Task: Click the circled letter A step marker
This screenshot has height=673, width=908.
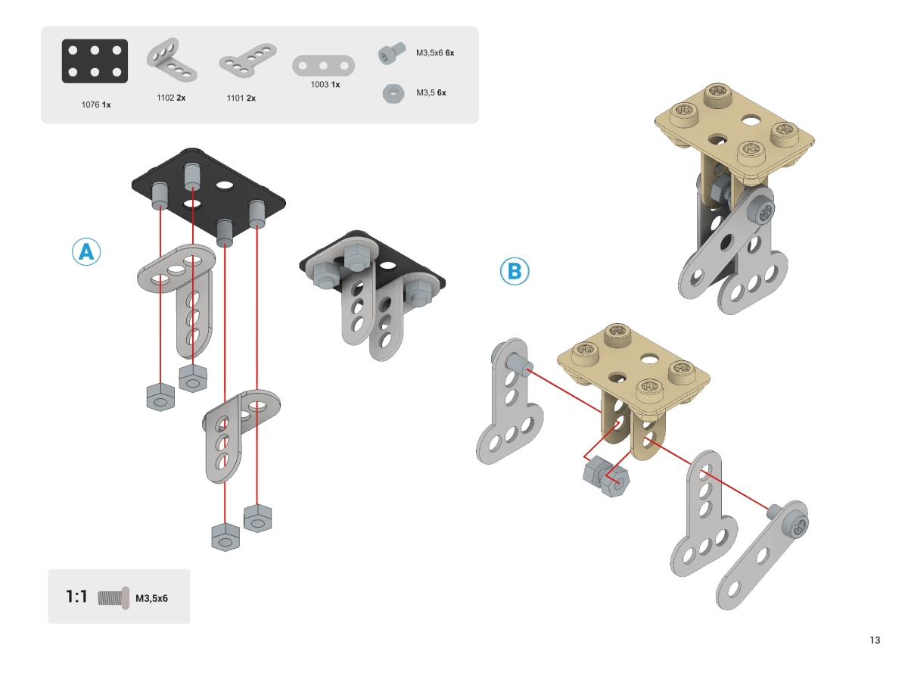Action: tap(86, 251)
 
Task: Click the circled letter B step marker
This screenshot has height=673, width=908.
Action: tap(515, 271)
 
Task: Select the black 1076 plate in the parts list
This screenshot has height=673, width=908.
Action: tap(95, 61)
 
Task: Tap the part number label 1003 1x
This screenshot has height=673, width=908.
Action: tap(325, 85)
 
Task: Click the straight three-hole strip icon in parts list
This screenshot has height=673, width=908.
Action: tap(324, 65)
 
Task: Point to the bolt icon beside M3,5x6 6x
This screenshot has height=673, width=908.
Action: tap(390, 53)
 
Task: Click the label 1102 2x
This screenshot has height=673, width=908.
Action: tap(171, 98)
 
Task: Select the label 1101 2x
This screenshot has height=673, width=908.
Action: tap(241, 98)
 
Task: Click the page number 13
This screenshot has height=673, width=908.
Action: tap(875, 640)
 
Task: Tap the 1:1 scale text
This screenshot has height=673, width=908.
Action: tap(77, 597)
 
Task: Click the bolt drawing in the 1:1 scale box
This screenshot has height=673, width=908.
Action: tap(115, 597)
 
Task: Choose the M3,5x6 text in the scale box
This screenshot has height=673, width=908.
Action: tap(151, 598)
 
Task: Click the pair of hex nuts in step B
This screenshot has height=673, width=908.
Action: tap(605, 477)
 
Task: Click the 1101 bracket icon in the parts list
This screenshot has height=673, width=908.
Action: tap(248, 64)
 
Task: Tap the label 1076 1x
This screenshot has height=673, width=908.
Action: tap(96, 104)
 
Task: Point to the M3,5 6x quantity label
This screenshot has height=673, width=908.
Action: tap(431, 93)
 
